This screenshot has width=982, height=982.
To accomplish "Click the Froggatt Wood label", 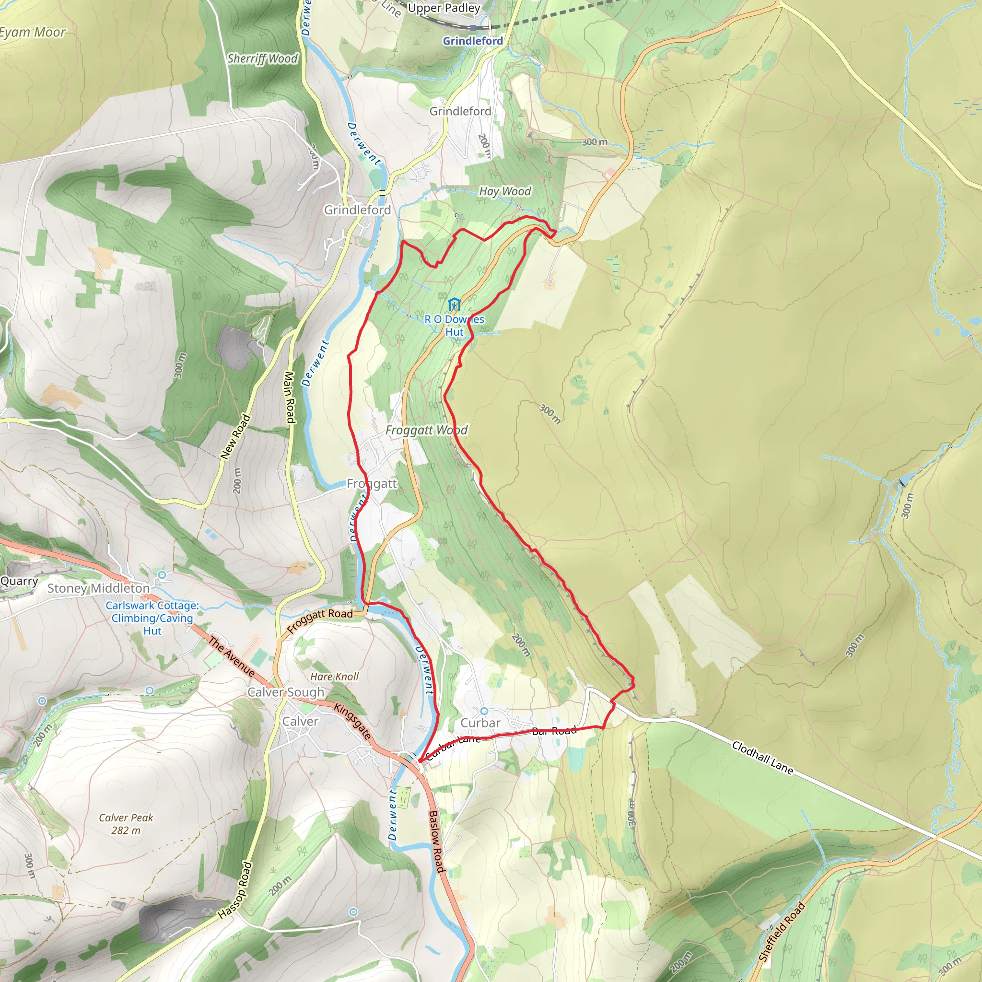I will tap(426, 431).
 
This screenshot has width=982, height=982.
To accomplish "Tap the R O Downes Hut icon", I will tap(454, 304).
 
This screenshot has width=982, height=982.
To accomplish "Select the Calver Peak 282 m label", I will tap(126, 824).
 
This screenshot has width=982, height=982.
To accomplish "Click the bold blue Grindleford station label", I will tap(473, 41).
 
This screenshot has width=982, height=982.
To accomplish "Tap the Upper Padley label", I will tap(444, 8).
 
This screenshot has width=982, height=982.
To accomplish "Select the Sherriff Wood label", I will tap(262, 59).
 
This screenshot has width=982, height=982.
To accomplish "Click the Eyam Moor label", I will tap(33, 33).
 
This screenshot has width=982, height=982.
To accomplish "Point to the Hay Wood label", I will tap(505, 192).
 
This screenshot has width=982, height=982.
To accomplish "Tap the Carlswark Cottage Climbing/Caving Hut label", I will tap(152, 618).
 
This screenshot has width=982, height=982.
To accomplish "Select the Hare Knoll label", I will tap(335, 677).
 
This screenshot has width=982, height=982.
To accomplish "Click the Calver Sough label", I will tap(286, 692).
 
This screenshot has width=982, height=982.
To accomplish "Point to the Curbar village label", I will tap(480, 723).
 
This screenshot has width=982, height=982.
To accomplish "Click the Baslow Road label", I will tap(436, 841).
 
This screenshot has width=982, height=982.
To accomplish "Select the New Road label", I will tap(235, 437).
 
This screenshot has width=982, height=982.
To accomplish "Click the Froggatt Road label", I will tap(320, 620).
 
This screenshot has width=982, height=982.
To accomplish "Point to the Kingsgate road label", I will tap(352, 721).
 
